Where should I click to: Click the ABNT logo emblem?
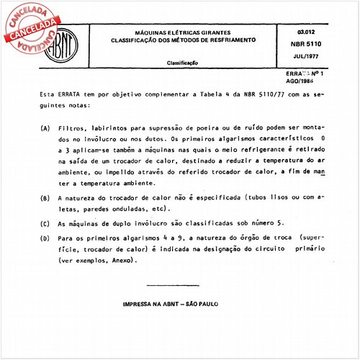coord(65,47)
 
